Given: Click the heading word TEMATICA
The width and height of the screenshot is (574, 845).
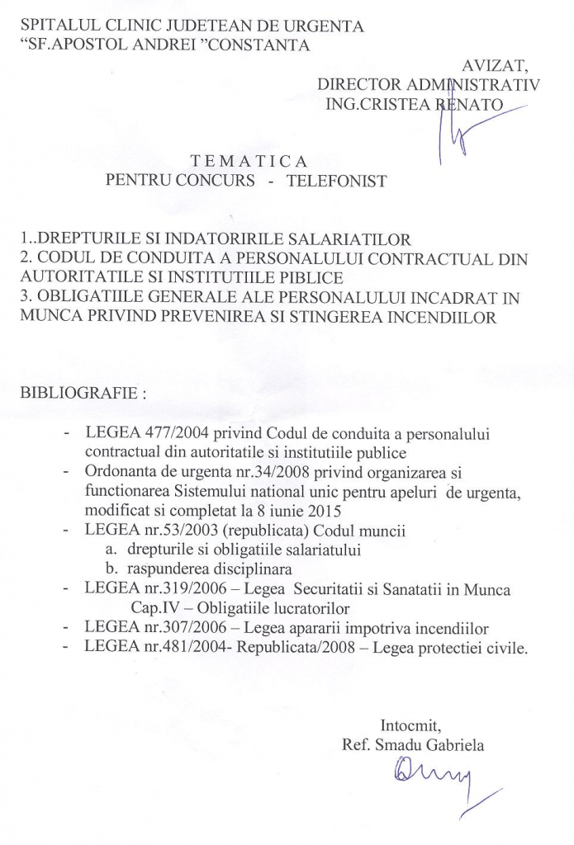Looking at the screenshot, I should tap(249, 160).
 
